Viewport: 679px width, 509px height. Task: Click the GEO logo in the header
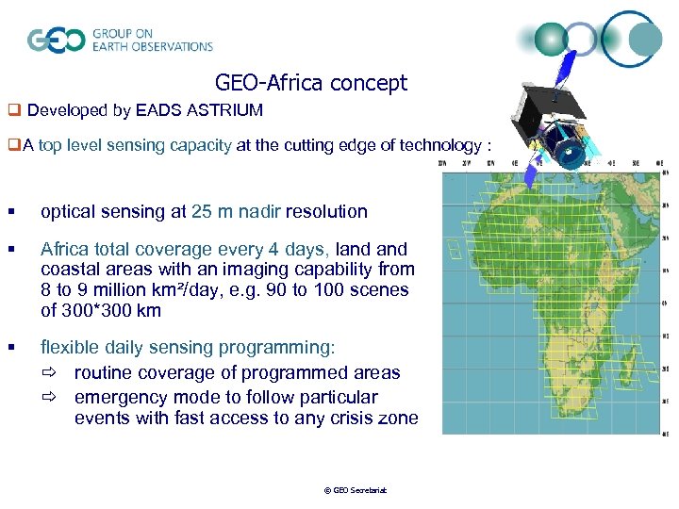[x=57, y=40]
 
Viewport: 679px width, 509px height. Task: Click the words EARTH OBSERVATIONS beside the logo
[x=153, y=46]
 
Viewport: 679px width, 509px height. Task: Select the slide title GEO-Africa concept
[x=310, y=83]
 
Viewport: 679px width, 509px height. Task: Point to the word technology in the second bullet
[x=438, y=145]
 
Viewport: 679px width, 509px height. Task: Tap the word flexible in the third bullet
[x=70, y=348]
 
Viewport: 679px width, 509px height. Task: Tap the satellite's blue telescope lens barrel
[x=571, y=151]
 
